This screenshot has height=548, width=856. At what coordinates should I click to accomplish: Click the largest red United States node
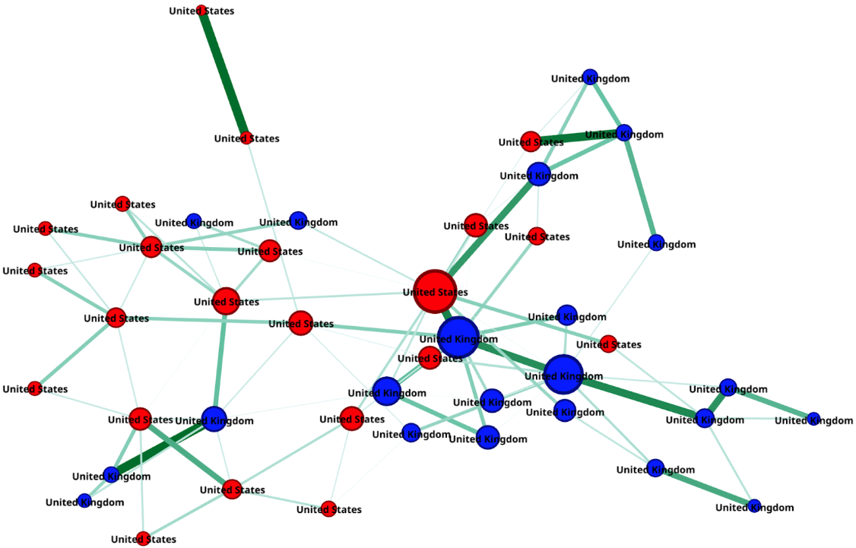(x=435, y=292)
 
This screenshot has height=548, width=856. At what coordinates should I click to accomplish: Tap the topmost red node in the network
(x=201, y=11)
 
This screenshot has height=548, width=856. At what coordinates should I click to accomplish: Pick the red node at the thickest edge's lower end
(x=245, y=138)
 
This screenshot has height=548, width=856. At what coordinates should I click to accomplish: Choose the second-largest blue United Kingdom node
(x=563, y=375)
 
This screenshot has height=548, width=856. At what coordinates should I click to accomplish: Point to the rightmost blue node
(x=813, y=420)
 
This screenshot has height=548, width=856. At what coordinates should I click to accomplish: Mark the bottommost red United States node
(x=143, y=539)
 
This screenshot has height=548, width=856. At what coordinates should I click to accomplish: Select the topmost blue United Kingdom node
(x=590, y=78)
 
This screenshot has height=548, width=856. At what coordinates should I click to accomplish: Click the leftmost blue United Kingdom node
(x=84, y=502)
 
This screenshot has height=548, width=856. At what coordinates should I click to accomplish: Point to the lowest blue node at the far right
(x=754, y=506)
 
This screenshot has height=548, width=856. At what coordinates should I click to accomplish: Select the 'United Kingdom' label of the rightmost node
(x=813, y=420)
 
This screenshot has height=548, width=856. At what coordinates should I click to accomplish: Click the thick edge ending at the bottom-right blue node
(x=705, y=486)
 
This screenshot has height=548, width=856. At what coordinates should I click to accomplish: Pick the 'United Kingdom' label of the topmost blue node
(x=590, y=78)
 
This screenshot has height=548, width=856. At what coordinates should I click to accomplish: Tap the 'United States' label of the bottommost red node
(x=144, y=540)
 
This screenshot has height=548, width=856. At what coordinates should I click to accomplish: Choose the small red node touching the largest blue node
(x=430, y=358)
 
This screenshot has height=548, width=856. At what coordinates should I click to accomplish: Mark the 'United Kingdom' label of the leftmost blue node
(x=84, y=502)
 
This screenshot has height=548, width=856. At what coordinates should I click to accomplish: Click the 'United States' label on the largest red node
(x=435, y=292)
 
